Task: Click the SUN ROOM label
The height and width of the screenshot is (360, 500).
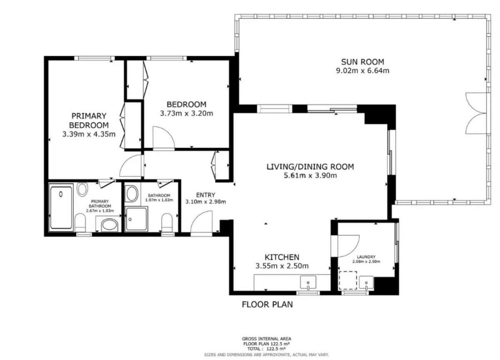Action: (x=362, y=62)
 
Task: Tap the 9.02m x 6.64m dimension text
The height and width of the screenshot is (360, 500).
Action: (x=362, y=70)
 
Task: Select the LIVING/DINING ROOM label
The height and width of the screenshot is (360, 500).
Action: (x=310, y=167)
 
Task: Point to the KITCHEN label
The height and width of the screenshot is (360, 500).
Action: (x=282, y=257)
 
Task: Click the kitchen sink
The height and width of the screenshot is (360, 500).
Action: (x=308, y=282)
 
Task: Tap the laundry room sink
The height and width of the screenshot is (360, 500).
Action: (x=366, y=283)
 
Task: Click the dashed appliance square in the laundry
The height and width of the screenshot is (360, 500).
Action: (x=348, y=280)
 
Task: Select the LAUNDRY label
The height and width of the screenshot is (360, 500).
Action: (x=366, y=257)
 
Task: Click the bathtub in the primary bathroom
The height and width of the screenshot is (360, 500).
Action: (x=61, y=207)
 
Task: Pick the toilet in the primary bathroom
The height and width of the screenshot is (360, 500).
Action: (x=80, y=222)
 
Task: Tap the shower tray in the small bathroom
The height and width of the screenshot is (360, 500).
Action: (x=136, y=219)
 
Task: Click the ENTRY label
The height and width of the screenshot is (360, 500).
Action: (x=205, y=195)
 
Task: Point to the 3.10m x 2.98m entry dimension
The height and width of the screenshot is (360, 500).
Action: (x=205, y=202)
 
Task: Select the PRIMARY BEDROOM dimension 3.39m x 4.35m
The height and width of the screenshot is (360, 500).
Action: (x=89, y=134)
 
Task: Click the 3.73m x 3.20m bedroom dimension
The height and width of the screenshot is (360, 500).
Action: (x=186, y=113)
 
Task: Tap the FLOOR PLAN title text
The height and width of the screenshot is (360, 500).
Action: (x=267, y=304)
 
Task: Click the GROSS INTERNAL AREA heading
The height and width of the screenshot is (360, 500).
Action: (x=267, y=339)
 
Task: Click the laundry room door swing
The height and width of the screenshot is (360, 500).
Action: (x=348, y=246)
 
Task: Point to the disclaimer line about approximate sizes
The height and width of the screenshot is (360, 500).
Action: (x=267, y=355)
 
